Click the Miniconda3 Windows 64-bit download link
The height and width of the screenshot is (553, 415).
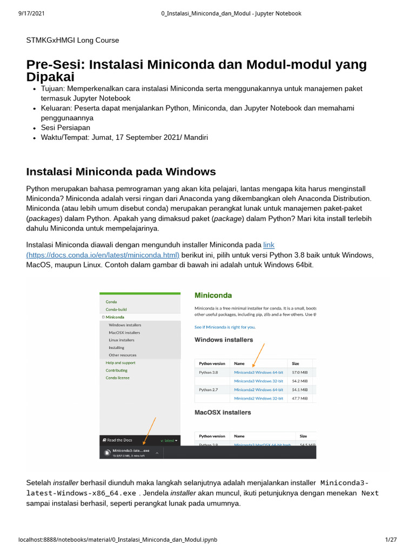coord(258,372)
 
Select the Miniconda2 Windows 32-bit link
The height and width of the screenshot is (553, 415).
coord(258,398)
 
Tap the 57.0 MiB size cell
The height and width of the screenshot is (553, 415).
coord(300,372)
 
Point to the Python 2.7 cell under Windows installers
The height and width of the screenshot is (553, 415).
coord(209,389)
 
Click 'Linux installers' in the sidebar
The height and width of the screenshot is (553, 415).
coord(122,340)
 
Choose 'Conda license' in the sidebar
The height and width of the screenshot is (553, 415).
coord(117,378)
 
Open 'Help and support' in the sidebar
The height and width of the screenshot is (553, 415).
coord(121,363)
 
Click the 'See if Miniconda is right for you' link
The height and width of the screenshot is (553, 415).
coord(225,327)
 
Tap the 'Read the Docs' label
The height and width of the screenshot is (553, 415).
coord(118,440)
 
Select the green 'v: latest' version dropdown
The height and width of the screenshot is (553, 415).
coord(169,440)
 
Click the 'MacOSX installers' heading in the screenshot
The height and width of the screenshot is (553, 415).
coord(223,412)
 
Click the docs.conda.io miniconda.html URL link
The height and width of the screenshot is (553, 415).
coord(103,255)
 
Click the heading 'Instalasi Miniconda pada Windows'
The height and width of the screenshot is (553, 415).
coord(121,172)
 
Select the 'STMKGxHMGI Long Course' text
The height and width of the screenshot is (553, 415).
coord(72,40)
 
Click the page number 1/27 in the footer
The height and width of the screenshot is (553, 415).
coord(391,539)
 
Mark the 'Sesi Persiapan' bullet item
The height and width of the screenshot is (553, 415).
coord(65,127)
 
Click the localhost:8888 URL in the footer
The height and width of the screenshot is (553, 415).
coord(118,539)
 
